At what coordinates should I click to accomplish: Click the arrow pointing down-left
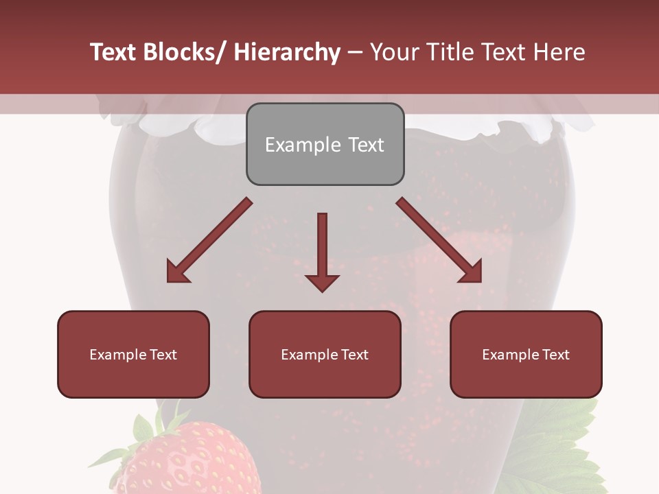(x=209, y=241)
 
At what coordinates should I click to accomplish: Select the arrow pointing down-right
(x=439, y=241)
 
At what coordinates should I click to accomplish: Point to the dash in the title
(x=355, y=52)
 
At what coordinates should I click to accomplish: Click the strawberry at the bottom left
(x=185, y=460)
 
